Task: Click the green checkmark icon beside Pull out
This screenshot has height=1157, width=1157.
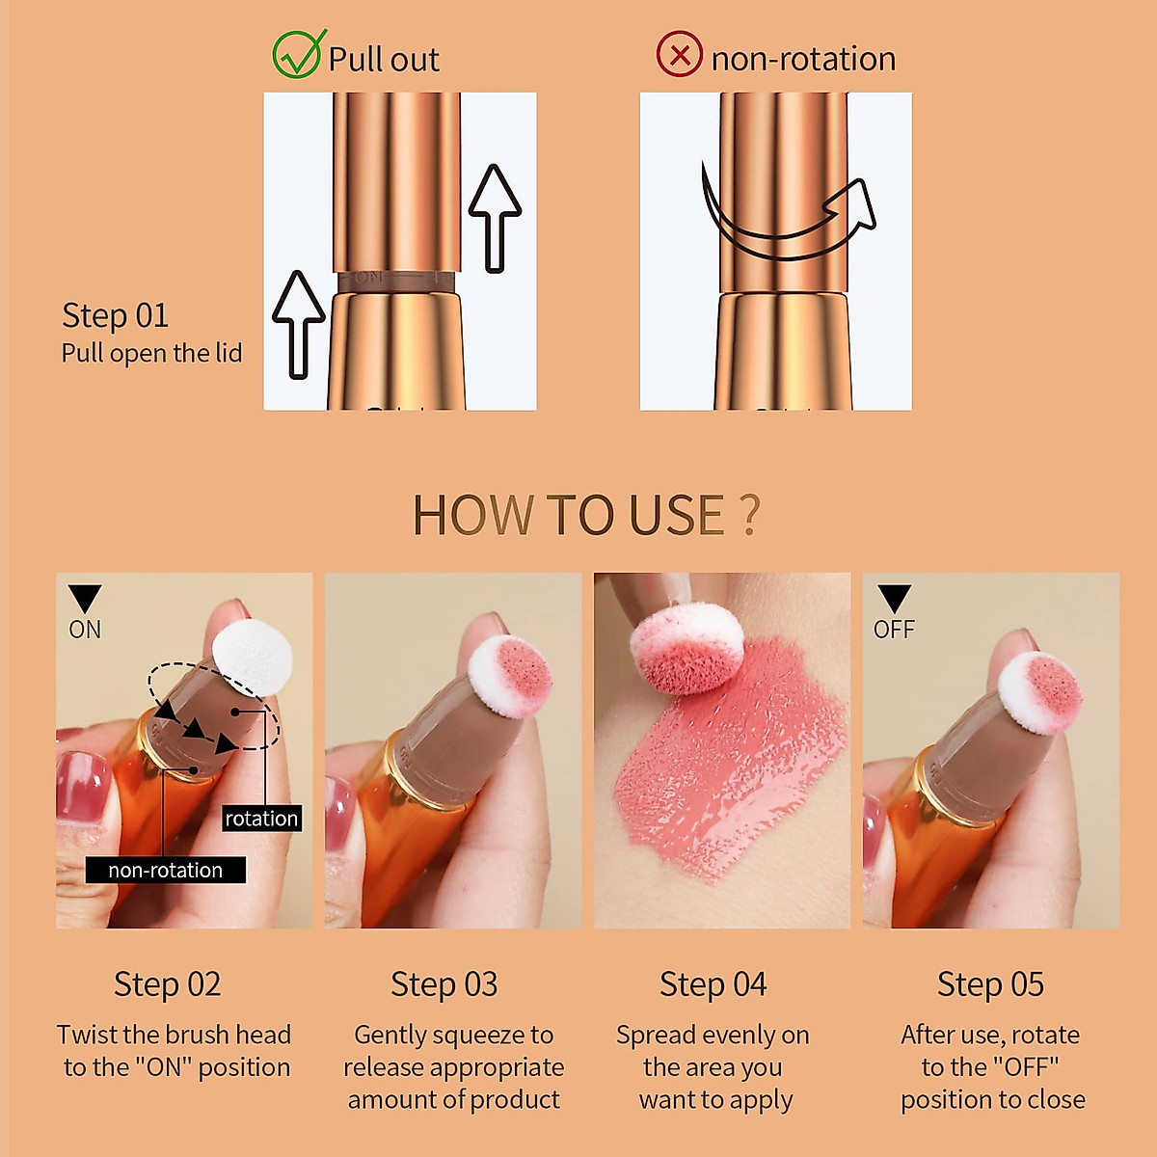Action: pyautogui.click(x=296, y=55)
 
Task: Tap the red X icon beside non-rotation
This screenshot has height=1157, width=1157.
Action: pyautogui.click(x=679, y=55)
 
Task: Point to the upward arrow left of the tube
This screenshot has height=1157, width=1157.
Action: pyautogui.click(x=299, y=323)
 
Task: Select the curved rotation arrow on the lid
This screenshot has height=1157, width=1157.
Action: pyautogui.click(x=786, y=220)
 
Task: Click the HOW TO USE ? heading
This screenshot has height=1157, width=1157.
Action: pyautogui.click(x=585, y=515)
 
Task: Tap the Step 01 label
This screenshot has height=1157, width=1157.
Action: pyautogui.click(x=115, y=315)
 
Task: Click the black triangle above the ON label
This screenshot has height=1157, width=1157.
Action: pyautogui.click(x=85, y=598)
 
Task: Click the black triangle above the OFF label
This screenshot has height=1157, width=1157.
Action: pyautogui.click(x=894, y=598)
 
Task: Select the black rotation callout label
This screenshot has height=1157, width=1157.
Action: pyautogui.click(x=261, y=819)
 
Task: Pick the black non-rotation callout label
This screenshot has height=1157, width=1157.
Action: pyautogui.click(x=165, y=870)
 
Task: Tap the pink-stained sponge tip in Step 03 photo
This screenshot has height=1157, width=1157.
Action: pyautogui.click(x=509, y=674)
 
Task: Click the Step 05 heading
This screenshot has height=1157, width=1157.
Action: pyautogui.click(x=990, y=984)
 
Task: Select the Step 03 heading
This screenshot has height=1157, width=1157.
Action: pyautogui.click(x=444, y=984)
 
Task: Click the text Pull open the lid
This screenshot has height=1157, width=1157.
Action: pyautogui.click(x=151, y=353)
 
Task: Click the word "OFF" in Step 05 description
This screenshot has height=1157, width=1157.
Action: pyautogui.click(x=1024, y=1067)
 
